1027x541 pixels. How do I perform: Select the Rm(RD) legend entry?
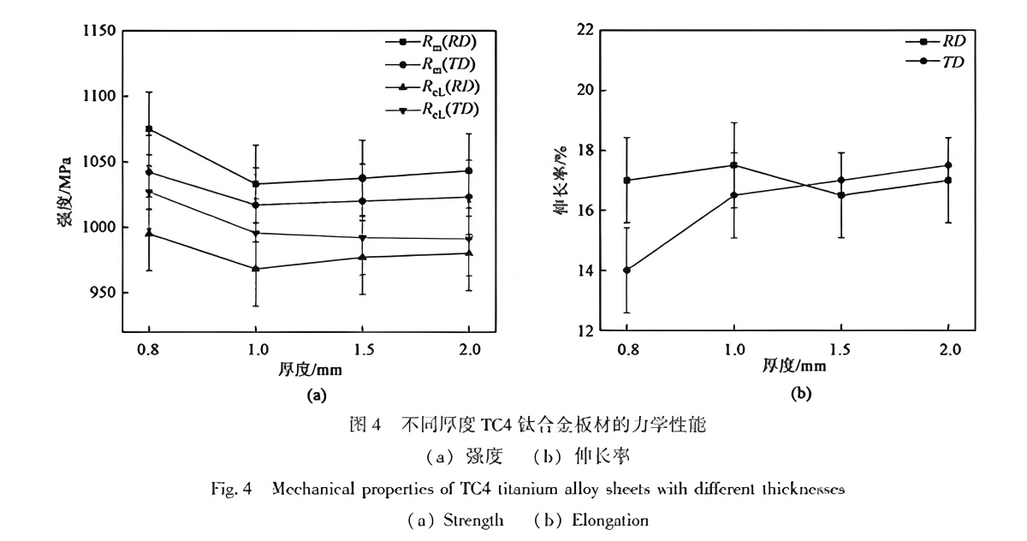[432, 42]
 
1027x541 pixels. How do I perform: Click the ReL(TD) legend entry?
[433, 109]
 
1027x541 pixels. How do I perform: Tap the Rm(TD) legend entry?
[432, 64]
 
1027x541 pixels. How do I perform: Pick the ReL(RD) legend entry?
[433, 86]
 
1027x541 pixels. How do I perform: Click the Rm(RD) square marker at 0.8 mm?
[149, 128]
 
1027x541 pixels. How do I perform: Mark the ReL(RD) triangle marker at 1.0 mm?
[256, 269]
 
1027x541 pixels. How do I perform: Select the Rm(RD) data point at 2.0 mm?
[468, 170]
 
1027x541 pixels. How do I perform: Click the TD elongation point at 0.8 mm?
[626, 270]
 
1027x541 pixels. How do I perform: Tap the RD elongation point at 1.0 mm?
[733, 165]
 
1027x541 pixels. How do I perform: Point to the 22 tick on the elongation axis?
[586, 31]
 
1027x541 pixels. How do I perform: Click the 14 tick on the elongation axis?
[586, 270]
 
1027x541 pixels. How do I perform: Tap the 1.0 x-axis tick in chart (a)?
[256, 349]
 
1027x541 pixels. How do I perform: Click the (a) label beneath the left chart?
[317, 395]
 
